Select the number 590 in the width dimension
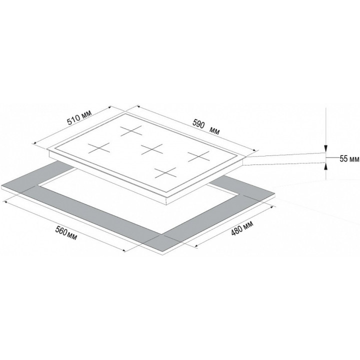[x=198, y=124]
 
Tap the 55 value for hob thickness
[x=343, y=158]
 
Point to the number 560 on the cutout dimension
[x=61, y=230]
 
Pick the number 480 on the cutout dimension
[x=236, y=230]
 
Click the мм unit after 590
[x=214, y=131]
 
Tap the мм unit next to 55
[x=353, y=159]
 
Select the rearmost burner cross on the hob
[x=131, y=130]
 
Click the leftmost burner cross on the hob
[x=99, y=148]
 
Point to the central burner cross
[x=152, y=149]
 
